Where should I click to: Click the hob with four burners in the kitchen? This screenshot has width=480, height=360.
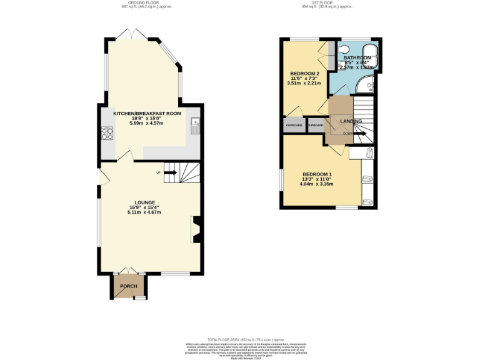click(x=106, y=132)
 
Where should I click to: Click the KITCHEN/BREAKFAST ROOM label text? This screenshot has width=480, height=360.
click(x=147, y=114)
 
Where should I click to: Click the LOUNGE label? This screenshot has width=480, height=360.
click(x=145, y=202)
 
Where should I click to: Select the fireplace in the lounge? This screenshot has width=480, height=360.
click(x=195, y=229)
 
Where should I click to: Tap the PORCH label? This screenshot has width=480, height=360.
click(x=129, y=286)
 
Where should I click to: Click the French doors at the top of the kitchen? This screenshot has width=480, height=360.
click(x=133, y=35)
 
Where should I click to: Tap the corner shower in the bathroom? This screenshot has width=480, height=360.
click(x=366, y=84)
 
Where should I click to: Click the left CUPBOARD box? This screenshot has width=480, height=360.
click(x=294, y=126)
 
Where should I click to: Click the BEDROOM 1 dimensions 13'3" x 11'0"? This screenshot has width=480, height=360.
click(x=317, y=179)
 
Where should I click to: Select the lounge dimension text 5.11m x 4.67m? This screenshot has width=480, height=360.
click(x=145, y=212)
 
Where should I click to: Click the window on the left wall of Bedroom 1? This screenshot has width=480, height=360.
click(x=281, y=179)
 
